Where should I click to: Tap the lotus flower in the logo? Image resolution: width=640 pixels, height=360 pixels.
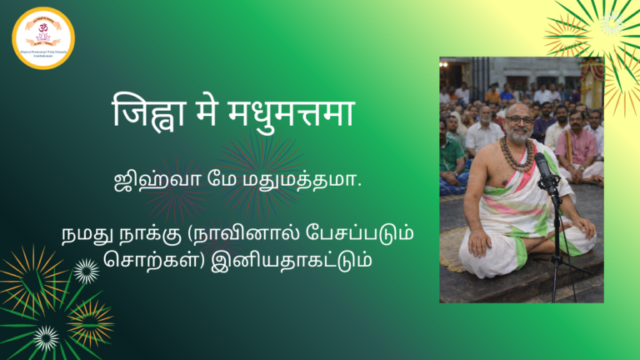[x=43, y=38]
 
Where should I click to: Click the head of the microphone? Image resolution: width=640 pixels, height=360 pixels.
[x=542, y=163]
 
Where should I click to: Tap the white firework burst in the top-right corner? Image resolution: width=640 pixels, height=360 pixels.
[x=612, y=23]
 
